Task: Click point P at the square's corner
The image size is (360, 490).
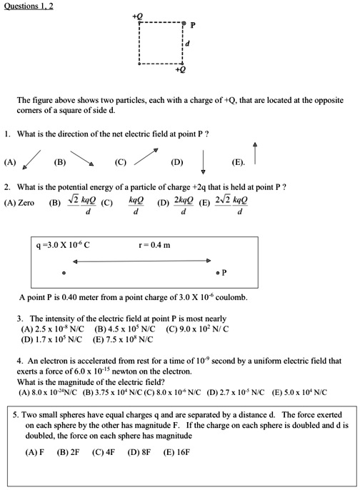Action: [x=185, y=24]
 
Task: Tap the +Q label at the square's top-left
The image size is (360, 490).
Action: [x=138, y=15]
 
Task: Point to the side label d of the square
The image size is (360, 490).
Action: [x=187, y=44]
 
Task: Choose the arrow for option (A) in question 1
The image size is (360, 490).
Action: [x=32, y=159]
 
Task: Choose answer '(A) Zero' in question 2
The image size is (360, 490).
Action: [x=19, y=203]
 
